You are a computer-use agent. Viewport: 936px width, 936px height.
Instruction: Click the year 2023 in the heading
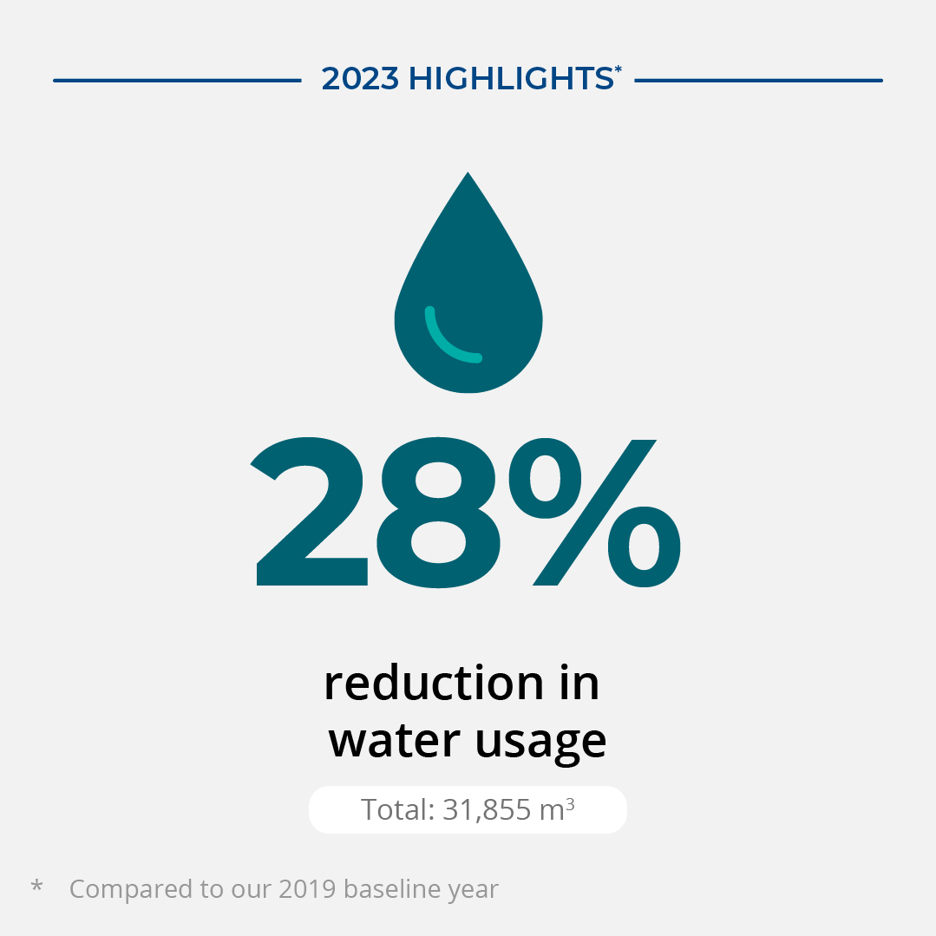[360, 79]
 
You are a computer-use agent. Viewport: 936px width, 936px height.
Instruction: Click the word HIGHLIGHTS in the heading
[511, 79]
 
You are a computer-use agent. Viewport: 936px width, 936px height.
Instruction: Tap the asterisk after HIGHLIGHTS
[619, 70]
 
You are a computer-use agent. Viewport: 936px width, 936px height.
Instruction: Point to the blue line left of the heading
[177, 81]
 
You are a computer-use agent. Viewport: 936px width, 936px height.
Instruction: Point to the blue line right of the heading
[758, 81]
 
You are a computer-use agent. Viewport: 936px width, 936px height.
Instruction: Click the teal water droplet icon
[468, 298]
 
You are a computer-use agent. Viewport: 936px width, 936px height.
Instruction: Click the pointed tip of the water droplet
[468, 173]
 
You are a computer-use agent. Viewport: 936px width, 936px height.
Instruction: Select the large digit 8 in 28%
[439, 512]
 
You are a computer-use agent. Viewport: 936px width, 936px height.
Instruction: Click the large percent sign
[594, 513]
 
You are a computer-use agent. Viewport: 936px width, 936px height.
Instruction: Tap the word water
[394, 741]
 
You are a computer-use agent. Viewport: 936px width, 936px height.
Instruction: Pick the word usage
[540, 744]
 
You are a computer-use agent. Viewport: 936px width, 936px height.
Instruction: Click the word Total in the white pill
[397, 809]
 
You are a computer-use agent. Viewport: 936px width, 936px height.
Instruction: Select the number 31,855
[487, 810]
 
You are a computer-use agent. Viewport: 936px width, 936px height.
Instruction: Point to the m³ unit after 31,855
[557, 809]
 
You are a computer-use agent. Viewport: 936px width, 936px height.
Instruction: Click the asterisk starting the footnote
[36, 886]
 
